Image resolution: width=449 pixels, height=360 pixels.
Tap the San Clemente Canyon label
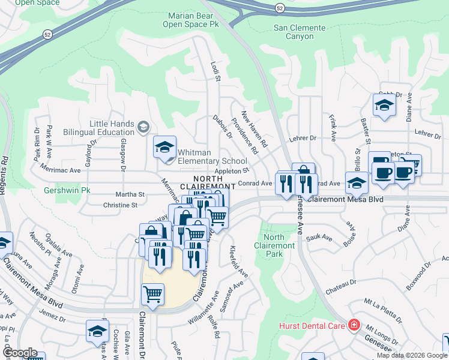300,32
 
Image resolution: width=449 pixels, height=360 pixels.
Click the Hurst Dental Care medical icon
354,326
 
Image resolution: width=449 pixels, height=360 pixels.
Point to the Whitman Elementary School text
212,157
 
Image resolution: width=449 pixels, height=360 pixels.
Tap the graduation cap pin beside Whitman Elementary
164,148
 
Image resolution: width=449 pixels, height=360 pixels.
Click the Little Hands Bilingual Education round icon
143,127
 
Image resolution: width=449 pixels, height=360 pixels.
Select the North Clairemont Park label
274,241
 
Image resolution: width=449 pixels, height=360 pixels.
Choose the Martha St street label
131,194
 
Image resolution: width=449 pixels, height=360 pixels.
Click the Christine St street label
121,205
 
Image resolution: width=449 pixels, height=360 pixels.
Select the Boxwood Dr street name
418,275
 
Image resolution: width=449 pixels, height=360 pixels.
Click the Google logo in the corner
20,352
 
